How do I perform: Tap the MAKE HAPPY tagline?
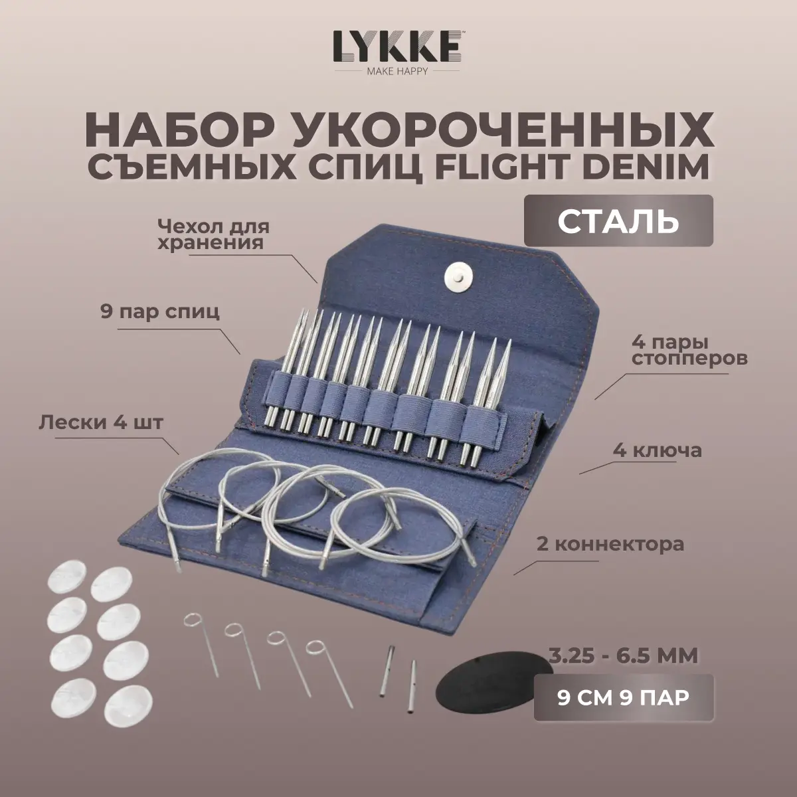pyautogui.click(x=398, y=71)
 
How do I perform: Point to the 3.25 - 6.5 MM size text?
pyautogui.click(x=623, y=658)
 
